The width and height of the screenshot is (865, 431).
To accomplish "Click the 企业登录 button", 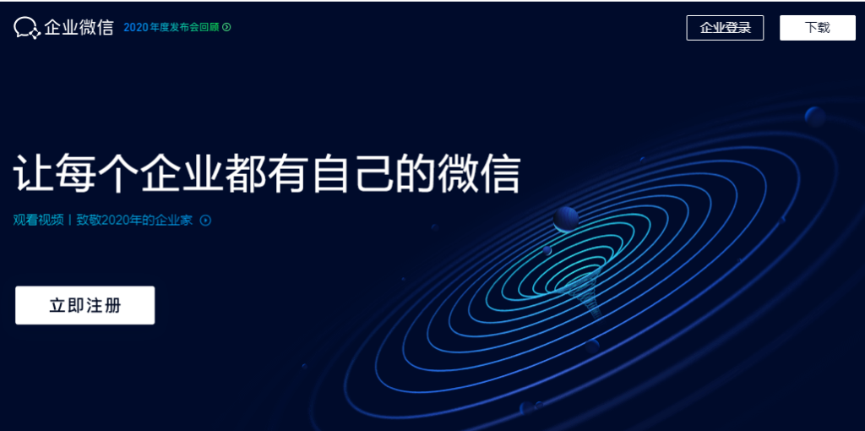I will click(x=725, y=28).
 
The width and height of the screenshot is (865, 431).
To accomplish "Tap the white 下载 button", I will click(x=817, y=28).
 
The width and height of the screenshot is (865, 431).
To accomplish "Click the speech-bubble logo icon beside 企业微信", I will click(x=26, y=28).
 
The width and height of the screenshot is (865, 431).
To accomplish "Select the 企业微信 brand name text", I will click(x=79, y=28).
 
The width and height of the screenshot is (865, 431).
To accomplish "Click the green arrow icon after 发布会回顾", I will click(x=226, y=27).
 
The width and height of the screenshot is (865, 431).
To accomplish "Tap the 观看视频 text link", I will click(x=38, y=221).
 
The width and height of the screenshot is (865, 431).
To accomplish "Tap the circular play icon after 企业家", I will click(x=205, y=221).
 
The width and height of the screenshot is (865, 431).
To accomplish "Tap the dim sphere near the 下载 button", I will click(x=815, y=116).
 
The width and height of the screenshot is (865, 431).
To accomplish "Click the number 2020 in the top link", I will click(x=135, y=27).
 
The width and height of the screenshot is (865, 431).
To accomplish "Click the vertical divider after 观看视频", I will click(x=69, y=221).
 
